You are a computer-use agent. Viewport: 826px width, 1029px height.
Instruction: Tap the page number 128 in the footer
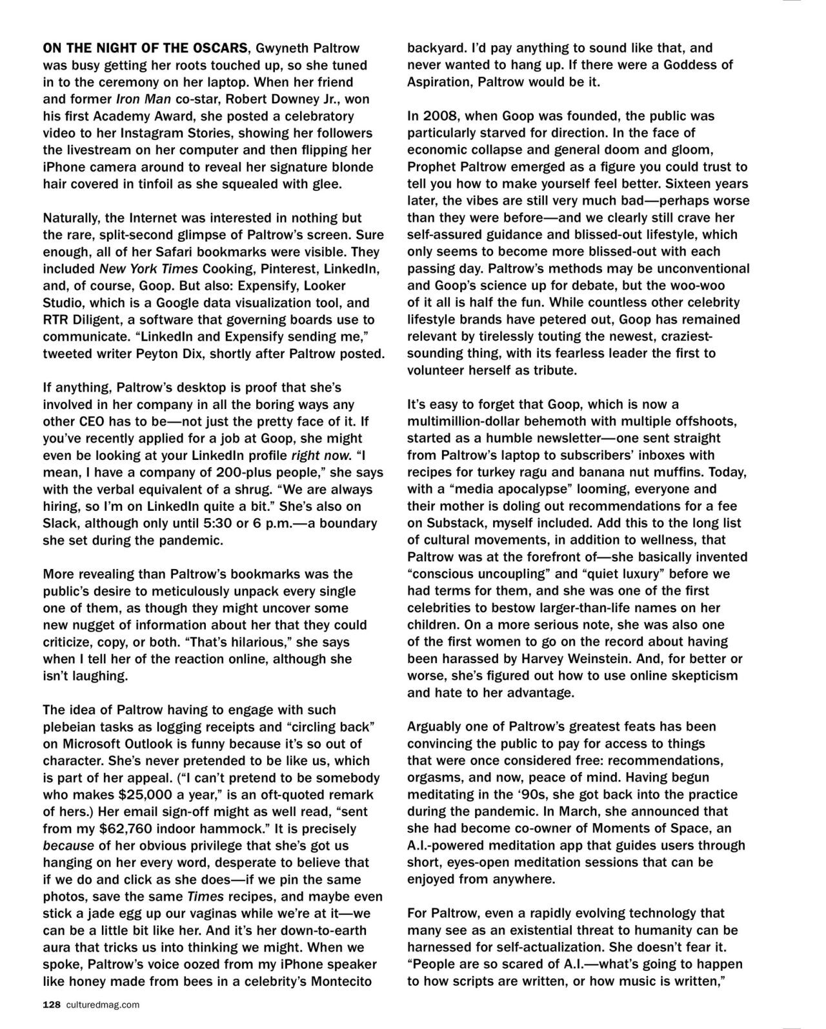(x=51, y=1004)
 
